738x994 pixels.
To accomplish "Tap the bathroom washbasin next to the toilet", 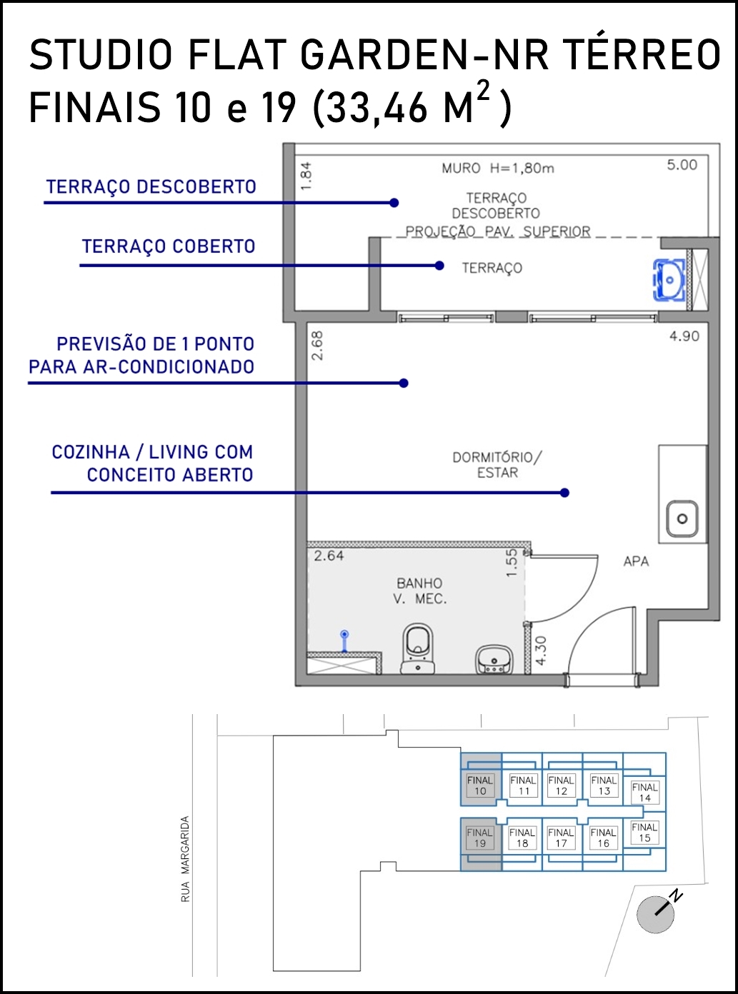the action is (494, 659).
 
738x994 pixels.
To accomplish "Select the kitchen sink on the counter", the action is (682, 518).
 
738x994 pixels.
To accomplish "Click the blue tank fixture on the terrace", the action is (669, 280).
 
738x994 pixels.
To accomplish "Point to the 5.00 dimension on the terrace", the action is (682, 165).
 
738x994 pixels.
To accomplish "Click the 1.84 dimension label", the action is (306, 176).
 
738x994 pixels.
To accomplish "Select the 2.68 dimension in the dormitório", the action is (317, 346).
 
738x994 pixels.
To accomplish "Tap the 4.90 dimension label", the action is (684, 336).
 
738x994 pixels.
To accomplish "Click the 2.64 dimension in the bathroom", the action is (329, 556).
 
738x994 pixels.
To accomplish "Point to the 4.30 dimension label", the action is (541, 651).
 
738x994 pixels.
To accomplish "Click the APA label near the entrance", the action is (636, 561).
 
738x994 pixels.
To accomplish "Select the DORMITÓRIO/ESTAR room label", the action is (497, 465).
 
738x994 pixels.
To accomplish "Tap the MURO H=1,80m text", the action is (498, 169).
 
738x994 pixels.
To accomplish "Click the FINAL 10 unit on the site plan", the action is (480, 785).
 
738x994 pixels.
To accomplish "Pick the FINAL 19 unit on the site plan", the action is (480, 838).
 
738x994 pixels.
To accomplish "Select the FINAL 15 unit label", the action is (644, 833).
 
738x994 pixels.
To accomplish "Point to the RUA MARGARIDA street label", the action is (185, 859).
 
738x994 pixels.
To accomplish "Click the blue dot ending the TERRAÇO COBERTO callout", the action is (439, 266).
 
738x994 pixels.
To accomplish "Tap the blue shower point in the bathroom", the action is (344, 641).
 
